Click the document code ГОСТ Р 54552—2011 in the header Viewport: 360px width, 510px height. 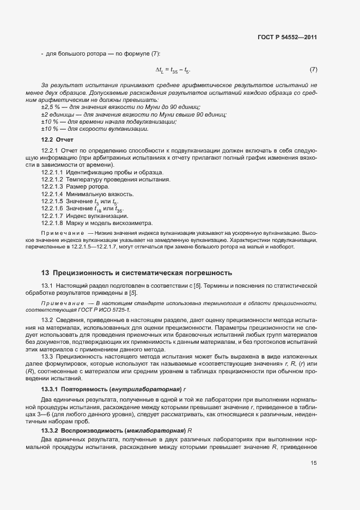288,38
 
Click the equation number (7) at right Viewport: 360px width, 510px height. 313,69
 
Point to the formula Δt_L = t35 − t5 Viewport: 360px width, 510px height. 173,70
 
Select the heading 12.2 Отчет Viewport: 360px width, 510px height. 53,140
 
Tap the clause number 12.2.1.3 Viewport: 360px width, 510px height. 53,186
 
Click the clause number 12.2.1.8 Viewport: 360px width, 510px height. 53,222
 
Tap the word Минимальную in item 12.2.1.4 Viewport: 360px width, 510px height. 86,193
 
